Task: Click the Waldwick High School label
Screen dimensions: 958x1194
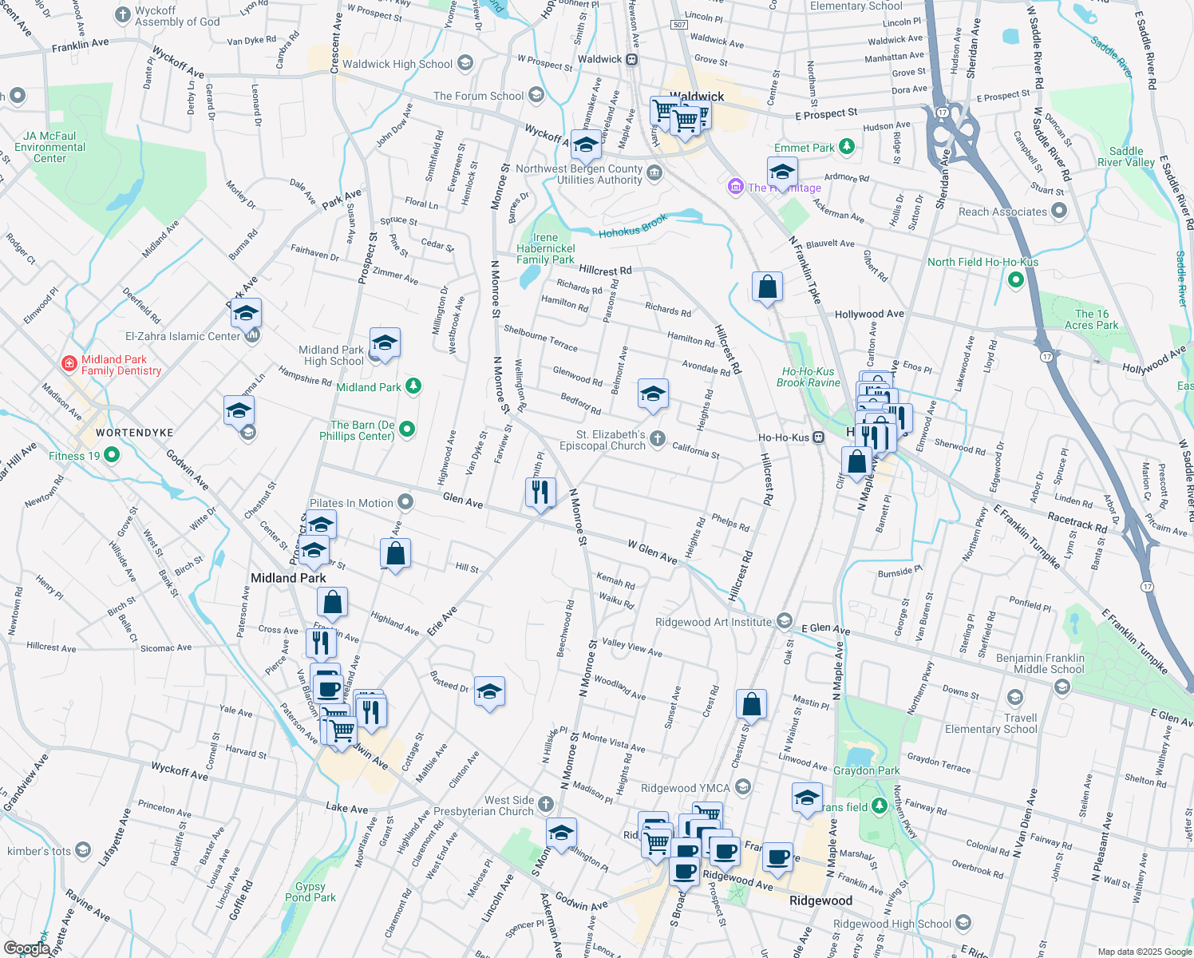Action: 397,64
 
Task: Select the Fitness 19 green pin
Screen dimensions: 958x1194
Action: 111,455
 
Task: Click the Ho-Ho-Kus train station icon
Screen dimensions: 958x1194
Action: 818,437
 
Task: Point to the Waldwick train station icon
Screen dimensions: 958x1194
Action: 631,59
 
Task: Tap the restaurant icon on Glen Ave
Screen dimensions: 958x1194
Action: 540,492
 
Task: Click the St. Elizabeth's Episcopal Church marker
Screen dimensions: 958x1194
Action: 657,437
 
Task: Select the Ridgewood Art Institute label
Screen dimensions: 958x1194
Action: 714,622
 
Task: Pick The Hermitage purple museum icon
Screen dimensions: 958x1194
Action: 735,187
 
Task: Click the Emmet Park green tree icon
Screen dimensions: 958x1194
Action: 847,146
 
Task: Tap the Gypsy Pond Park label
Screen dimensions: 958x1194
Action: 310,892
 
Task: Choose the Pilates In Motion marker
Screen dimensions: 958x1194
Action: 405,502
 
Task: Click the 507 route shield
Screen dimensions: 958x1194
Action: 679,25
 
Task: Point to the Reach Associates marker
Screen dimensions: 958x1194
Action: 1058,211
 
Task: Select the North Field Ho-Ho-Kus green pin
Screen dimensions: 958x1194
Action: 1015,279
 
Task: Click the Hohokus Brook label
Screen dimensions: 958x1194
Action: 633,228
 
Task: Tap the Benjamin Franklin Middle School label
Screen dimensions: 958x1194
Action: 1040,663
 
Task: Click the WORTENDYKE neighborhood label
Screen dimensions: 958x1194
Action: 134,433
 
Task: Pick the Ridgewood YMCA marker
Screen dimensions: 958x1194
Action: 743,788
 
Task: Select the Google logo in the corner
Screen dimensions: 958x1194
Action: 26,948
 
